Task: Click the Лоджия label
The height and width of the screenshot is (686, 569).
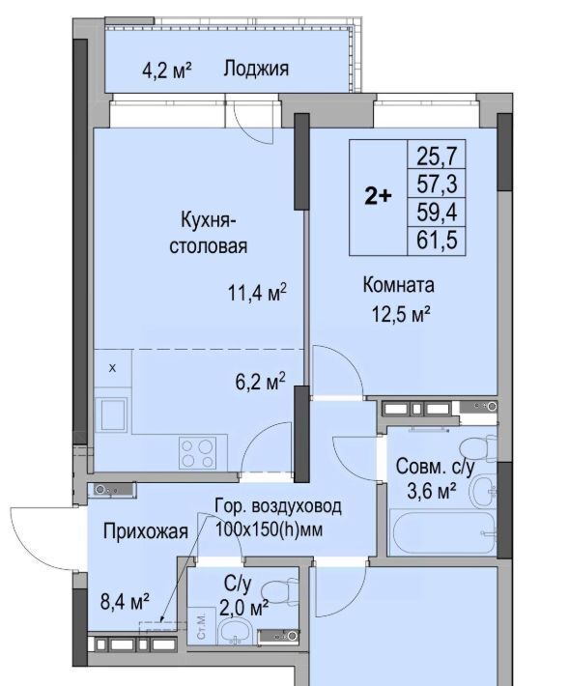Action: click(x=256, y=70)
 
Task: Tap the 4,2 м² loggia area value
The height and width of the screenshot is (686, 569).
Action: click(x=167, y=70)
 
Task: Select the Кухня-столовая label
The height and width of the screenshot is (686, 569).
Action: click(x=208, y=232)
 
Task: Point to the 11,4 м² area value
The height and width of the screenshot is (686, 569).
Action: click(x=258, y=292)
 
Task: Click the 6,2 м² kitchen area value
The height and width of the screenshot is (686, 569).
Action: click(x=260, y=382)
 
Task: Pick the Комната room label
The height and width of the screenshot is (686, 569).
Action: click(x=398, y=285)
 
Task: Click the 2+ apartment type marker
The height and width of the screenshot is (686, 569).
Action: click(x=379, y=197)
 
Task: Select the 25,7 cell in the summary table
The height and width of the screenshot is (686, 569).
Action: click(x=437, y=155)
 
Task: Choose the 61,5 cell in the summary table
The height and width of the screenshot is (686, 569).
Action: click(x=437, y=240)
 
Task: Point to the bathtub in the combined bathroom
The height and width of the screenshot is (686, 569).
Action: click(x=442, y=532)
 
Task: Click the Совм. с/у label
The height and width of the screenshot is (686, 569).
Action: click(x=435, y=468)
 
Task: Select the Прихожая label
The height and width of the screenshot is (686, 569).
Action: click(x=146, y=531)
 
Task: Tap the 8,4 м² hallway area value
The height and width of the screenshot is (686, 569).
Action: click(x=125, y=602)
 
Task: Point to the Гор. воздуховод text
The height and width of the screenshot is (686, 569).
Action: click(x=278, y=506)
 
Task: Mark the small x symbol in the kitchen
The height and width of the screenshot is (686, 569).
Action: click(x=112, y=368)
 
